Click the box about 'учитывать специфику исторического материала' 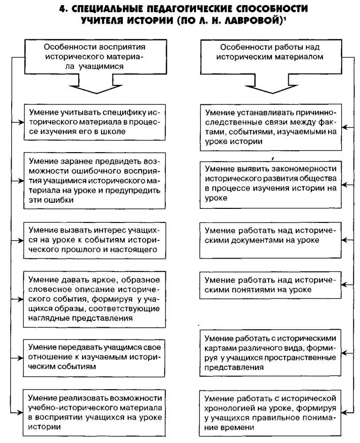point(95,122)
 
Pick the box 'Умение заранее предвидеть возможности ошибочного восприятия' point(95,180)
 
